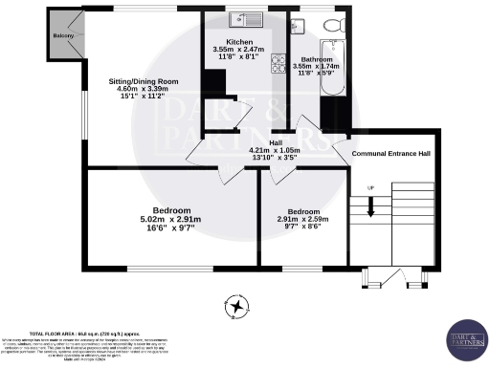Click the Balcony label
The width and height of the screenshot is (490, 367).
click(x=63, y=35)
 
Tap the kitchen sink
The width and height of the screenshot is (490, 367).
click(x=235, y=19)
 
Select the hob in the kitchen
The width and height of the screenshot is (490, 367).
click(x=279, y=64)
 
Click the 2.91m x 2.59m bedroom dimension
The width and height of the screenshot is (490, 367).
click(x=303, y=220)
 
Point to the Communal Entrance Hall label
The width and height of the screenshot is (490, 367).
click(x=391, y=153)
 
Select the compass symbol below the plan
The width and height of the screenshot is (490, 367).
click(x=236, y=307)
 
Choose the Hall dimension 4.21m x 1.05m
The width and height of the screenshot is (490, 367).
click(x=275, y=150)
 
